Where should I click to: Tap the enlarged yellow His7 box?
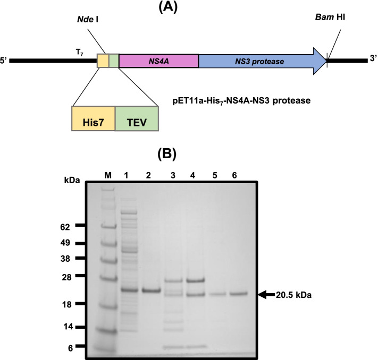tap(93, 118)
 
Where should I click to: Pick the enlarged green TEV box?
tap(136, 118)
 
